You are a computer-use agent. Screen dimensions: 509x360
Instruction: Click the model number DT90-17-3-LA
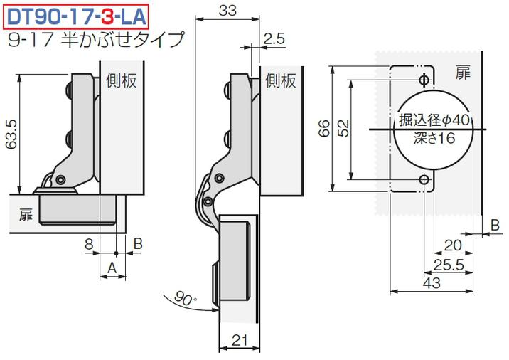coord(76,16)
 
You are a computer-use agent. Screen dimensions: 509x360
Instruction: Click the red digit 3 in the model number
coord(107,16)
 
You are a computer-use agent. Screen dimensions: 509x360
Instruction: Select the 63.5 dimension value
coord(11,134)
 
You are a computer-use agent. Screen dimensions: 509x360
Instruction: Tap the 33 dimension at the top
coord(227,11)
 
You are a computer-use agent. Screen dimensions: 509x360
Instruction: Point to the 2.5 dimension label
coord(274,38)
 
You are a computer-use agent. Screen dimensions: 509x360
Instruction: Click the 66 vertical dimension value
coord(324,128)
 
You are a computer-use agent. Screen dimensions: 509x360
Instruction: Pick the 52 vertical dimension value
coord(343,128)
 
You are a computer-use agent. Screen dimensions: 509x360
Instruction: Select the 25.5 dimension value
coord(449,265)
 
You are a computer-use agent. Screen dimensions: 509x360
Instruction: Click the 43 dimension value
coord(432,283)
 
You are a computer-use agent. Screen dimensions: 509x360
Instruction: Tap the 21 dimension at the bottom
coord(240,340)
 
